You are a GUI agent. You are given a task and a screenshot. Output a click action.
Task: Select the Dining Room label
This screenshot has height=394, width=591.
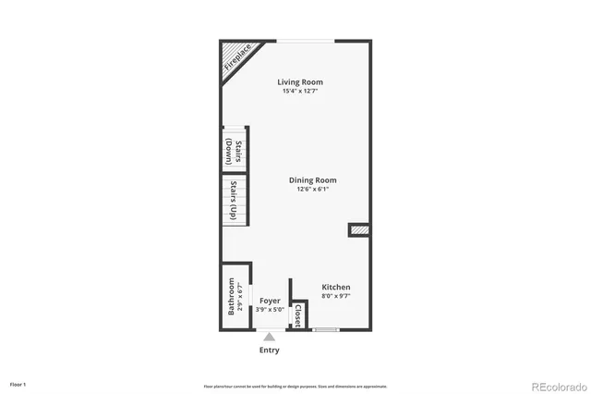pyautogui.click(x=312, y=180)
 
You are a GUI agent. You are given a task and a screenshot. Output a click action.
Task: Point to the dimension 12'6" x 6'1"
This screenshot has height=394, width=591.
pyautogui.click(x=312, y=190)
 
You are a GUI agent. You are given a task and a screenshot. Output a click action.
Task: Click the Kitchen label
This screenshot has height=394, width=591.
pyautogui.click(x=335, y=288)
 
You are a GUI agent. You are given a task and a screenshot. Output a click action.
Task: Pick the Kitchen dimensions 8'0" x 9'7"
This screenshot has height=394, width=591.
pyautogui.click(x=335, y=297)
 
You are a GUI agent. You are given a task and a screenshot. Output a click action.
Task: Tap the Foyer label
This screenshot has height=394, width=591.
pyautogui.click(x=270, y=301)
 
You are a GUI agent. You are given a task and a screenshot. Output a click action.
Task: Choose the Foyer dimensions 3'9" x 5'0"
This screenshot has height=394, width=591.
pyautogui.click(x=270, y=310)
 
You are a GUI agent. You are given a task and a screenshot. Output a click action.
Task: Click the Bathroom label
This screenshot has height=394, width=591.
pyautogui.click(x=231, y=298)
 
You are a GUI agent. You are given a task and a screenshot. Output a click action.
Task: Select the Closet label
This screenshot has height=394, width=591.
pyautogui.click(x=297, y=314)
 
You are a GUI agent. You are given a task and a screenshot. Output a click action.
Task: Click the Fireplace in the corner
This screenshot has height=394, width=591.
pyautogui.click(x=238, y=60)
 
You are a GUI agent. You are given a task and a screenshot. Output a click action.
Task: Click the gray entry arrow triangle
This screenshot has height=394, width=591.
pyautogui.click(x=269, y=338)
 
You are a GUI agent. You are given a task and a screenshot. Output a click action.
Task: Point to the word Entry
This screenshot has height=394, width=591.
pyautogui.click(x=269, y=351)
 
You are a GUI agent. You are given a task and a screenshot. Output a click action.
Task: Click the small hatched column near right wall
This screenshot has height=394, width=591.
pyautogui.click(x=357, y=228)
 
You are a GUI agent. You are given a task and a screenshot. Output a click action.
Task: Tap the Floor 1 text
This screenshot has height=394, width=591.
pyautogui.click(x=18, y=384)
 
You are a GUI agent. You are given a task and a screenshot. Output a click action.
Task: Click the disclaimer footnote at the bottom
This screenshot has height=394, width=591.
pyautogui.click(x=295, y=386)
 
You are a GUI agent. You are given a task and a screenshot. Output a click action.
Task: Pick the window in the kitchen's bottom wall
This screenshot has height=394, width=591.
pyautogui.click(x=325, y=329)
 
